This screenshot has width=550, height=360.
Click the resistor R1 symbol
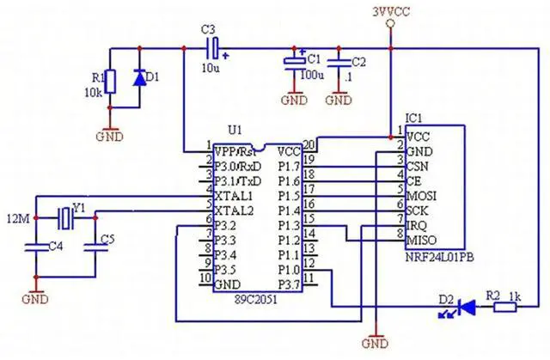click(107, 78)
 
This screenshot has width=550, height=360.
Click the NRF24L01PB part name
click(435, 257)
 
